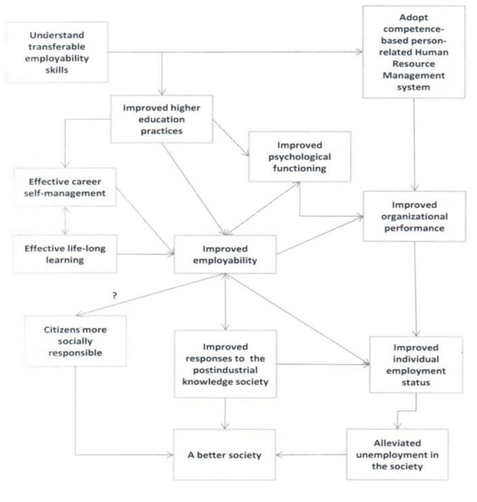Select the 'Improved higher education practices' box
[162, 119]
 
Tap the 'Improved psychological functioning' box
[299, 157]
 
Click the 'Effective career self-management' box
[64, 187]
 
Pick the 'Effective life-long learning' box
[64, 254]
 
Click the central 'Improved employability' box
[225, 254]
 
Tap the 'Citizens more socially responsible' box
[75, 341]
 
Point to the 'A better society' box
[224, 455]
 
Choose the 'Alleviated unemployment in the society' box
[397, 455]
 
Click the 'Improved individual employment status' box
[416, 365]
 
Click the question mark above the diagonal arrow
[115, 295]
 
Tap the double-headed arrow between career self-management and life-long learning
[66, 220]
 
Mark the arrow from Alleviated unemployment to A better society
[311, 455]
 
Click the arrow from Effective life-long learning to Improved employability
[145, 254]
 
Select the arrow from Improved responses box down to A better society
[225, 413]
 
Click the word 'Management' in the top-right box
[413, 75]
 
